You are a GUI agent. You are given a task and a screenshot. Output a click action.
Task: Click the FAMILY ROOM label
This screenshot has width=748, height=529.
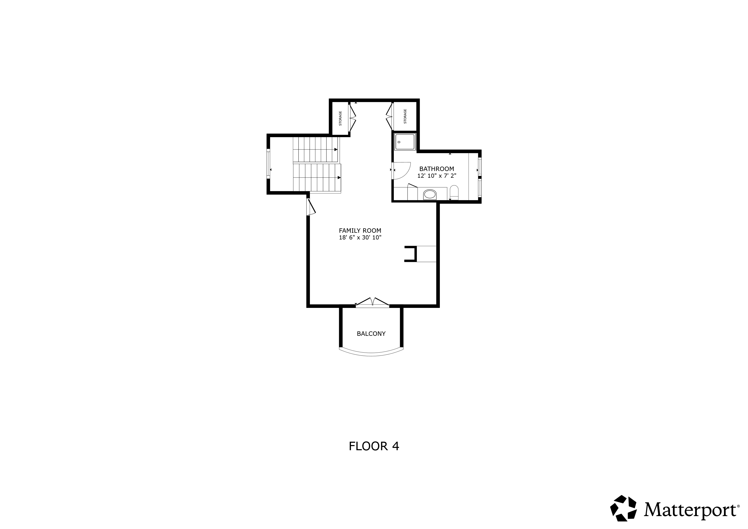tap(360, 231)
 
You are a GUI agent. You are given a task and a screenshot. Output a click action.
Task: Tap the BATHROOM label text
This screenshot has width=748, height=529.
tap(437, 169)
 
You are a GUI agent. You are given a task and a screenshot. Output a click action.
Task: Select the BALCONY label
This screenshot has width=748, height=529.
tap(371, 333)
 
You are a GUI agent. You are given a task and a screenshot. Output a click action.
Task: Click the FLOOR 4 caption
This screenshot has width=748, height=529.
tap(374, 446)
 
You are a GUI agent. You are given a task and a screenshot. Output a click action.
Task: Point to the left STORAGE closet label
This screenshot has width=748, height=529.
tap(340, 118)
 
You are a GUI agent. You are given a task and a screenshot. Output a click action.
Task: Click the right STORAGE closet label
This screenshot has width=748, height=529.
tap(405, 116)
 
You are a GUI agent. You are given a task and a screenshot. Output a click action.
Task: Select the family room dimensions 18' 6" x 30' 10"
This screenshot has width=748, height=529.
tap(360, 237)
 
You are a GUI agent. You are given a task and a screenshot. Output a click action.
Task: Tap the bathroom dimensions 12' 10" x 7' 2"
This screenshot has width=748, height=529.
tap(437, 176)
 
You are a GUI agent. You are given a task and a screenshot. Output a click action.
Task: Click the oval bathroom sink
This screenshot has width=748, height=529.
tap(430, 195)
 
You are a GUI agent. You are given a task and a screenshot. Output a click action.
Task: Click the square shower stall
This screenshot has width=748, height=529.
tap(405, 142)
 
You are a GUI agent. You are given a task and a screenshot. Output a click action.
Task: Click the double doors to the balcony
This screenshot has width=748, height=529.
tap(372, 302)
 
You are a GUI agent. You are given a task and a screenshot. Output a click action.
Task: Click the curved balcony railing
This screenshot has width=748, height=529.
tap(371, 353)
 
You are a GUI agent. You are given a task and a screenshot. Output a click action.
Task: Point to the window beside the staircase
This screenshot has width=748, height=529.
tap(268, 164)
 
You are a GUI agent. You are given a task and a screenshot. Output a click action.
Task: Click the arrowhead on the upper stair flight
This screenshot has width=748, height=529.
tap(336, 150)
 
